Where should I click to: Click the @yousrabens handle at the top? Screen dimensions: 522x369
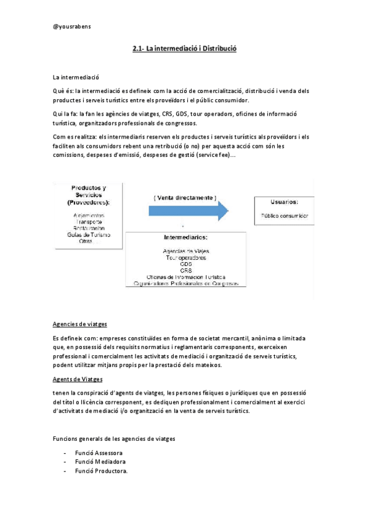(x=72, y=26)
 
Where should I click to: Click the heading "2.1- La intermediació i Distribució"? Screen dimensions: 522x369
(x=184, y=49)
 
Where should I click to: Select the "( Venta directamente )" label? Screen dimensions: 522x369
(x=185, y=198)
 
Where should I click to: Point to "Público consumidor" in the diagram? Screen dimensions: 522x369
(x=285, y=216)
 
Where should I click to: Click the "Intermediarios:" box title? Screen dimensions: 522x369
(x=185, y=237)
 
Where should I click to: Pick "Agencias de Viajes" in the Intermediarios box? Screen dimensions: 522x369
(x=185, y=251)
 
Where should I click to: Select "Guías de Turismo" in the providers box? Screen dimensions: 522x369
(x=87, y=235)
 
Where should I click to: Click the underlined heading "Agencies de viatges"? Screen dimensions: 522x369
(x=80, y=324)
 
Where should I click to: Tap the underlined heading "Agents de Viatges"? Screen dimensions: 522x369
(x=78, y=379)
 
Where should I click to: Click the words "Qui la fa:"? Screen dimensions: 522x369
(x=65, y=114)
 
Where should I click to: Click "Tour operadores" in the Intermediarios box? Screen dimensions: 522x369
(x=185, y=258)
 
